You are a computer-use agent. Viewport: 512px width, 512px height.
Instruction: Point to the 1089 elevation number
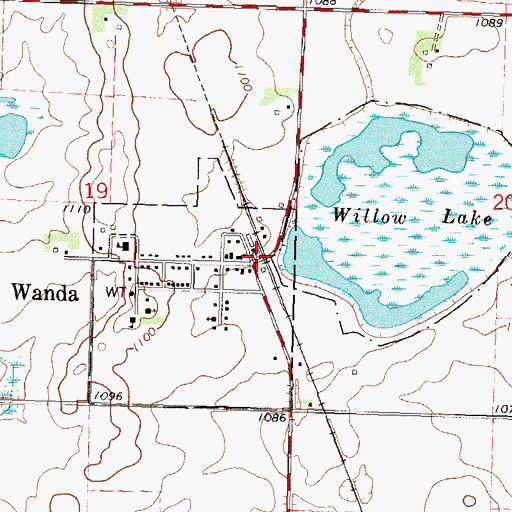pos(489,22)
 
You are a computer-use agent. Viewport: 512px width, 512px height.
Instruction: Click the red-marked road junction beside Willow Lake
pos(263,257)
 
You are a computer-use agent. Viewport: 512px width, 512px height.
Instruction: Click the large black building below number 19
pos(124,247)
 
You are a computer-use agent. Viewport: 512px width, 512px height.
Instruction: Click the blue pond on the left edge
pos(9,135)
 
